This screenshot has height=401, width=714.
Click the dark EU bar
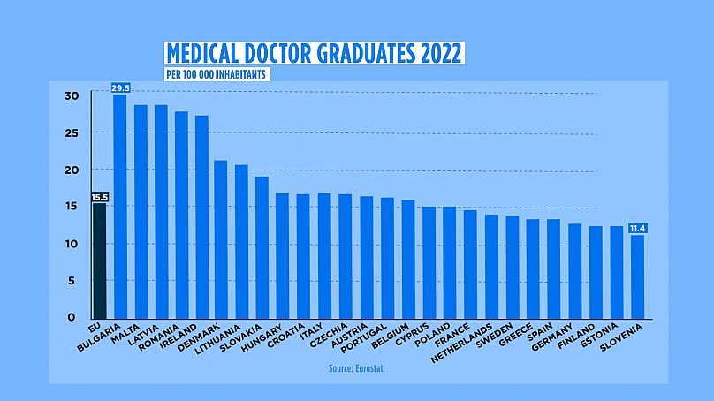(x=99, y=261)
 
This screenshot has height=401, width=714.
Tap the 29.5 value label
(x=120, y=87)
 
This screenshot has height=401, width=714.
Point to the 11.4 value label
(x=637, y=228)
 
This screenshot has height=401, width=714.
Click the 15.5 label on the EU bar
(x=99, y=196)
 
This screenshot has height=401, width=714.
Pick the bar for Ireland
(x=201, y=216)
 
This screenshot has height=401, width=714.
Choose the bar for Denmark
(x=222, y=238)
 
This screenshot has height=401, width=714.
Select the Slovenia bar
(x=637, y=276)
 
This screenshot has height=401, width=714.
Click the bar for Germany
(x=574, y=270)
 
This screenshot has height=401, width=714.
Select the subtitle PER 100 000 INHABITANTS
(x=216, y=74)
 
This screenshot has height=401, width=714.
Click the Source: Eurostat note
(x=356, y=367)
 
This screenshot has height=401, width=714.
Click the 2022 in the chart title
(x=437, y=54)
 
